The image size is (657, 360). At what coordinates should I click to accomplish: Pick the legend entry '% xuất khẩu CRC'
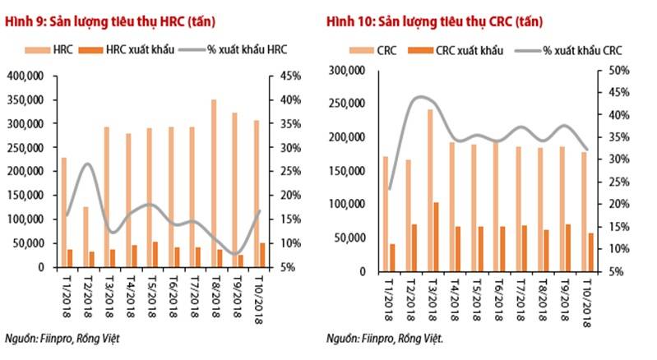(580, 50)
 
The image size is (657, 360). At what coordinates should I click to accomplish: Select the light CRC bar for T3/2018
(430, 190)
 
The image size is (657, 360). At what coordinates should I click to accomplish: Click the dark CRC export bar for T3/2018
(436, 236)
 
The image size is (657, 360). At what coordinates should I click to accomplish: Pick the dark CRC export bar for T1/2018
(392, 256)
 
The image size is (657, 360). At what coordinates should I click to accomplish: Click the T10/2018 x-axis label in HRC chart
(259, 300)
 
